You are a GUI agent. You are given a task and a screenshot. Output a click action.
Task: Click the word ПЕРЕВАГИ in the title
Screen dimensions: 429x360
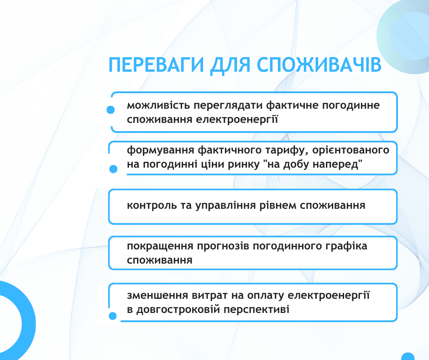[x=156, y=65]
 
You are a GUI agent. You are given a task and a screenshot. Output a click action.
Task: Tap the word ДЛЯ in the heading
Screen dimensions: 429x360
[x=230, y=65]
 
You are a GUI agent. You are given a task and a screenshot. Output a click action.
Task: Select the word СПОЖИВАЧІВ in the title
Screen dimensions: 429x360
[x=319, y=65]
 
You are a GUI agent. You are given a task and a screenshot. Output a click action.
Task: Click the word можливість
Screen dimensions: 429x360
[x=158, y=105]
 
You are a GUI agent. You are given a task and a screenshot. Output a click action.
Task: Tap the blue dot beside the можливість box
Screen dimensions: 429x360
[x=110, y=110]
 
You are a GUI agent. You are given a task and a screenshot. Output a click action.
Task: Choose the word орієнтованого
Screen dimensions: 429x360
[x=351, y=150]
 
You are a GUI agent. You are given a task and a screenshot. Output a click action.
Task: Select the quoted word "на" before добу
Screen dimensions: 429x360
[x=274, y=164]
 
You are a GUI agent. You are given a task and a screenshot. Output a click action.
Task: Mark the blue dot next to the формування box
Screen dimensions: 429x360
[x=113, y=169]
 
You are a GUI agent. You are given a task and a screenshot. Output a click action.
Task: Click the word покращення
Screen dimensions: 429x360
[x=161, y=246]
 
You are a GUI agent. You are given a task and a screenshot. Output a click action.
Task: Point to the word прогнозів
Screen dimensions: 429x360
[x=223, y=246]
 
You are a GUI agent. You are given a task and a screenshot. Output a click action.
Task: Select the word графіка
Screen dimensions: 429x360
[x=346, y=246]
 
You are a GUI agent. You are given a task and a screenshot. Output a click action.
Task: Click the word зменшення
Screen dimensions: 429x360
[x=157, y=296]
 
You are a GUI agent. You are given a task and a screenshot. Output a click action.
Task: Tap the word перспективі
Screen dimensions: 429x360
[x=256, y=310]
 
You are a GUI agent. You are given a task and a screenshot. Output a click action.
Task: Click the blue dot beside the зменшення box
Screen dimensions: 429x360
[x=113, y=316]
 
